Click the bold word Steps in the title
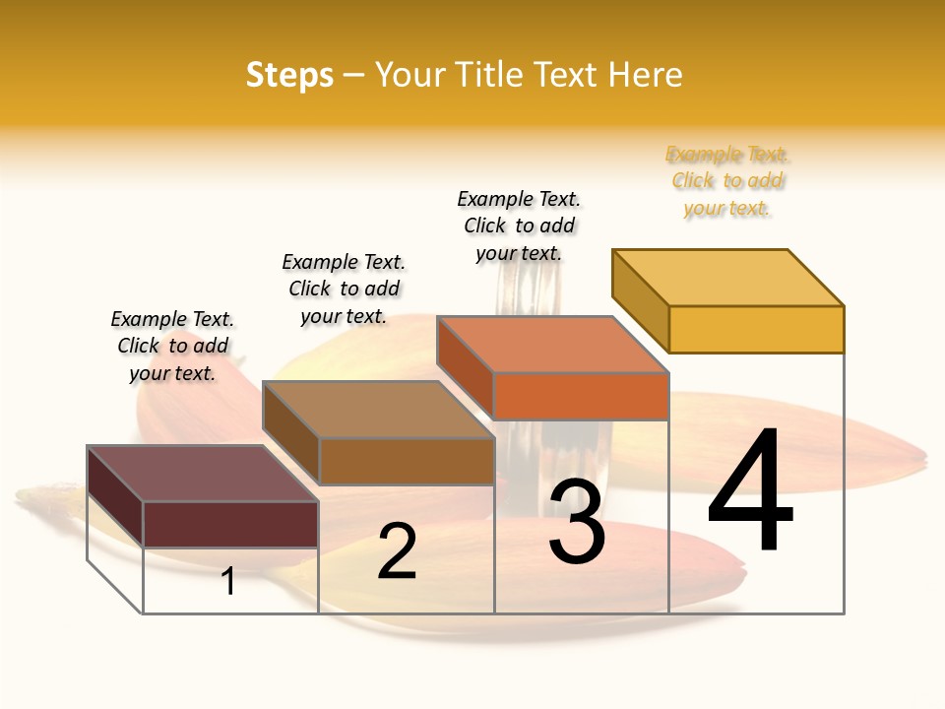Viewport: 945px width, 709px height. (289, 75)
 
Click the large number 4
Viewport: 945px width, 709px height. (750, 491)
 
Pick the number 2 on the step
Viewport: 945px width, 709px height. (397, 551)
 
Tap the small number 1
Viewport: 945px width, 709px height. (228, 581)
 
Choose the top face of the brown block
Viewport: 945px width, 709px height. (378, 409)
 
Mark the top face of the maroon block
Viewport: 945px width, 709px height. (203, 474)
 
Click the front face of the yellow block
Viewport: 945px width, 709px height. (756, 329)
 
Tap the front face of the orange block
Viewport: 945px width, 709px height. (581, 396)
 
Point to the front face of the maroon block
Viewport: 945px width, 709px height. (230, 524)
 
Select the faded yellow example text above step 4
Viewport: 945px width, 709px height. (727, 181)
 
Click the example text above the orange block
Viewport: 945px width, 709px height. (519, 226)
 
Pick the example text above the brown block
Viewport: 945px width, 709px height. (344, 289)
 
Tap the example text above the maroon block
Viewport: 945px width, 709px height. (172, 346)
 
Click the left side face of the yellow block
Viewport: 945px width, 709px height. (641, 300)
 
